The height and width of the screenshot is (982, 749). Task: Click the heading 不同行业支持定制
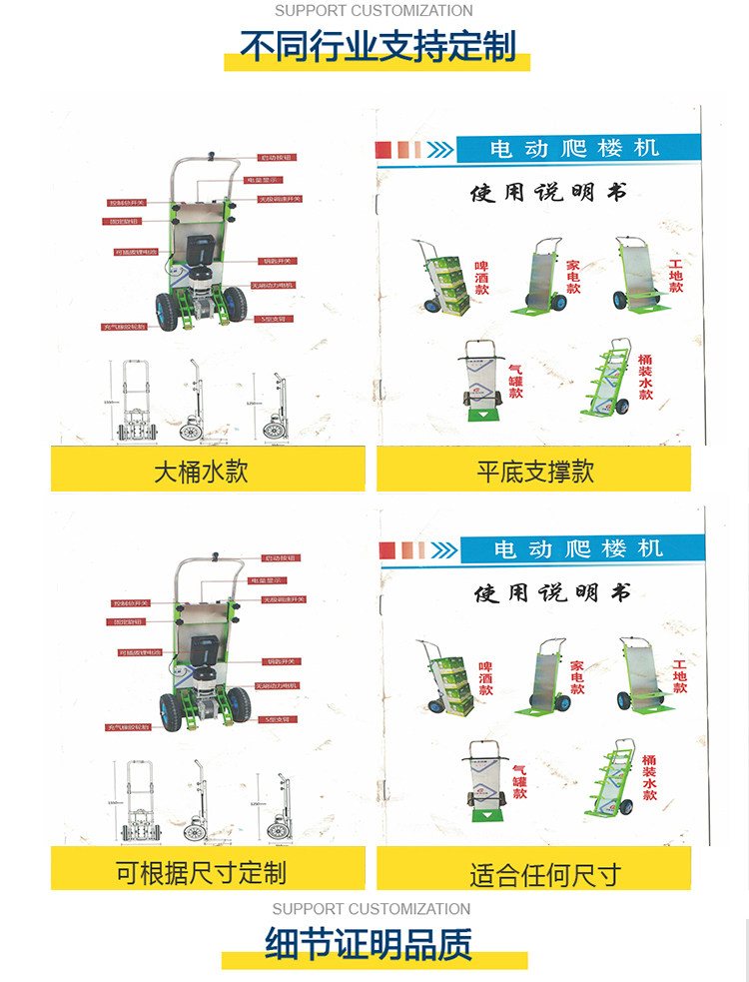[377, 46]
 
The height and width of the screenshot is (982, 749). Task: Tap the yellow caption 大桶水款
[201, 471]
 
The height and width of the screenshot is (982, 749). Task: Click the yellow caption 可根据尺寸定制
[201, 872]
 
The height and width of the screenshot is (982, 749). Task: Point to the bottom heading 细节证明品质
[369, 944]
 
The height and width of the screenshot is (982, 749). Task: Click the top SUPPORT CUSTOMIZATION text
[374, 11]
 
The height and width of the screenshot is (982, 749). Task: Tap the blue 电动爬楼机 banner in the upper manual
[574, 149]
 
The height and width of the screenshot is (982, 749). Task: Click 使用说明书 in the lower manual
[552, 593]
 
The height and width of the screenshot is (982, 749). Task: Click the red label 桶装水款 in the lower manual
[649, 777]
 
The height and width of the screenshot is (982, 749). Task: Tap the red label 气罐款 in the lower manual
[519, 780]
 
